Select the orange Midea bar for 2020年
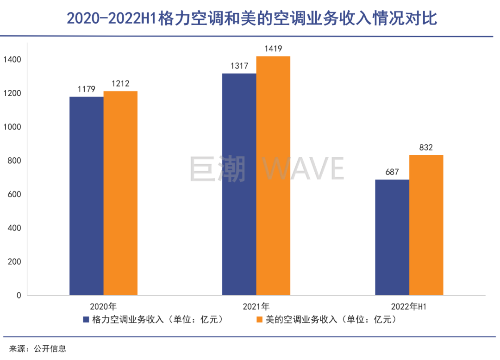click(120, 193)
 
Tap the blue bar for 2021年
click(239, 184)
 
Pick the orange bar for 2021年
click(273, 175)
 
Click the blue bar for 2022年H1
click(392, 237)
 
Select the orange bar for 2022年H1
click(426, 225)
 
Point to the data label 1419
click(273, 48)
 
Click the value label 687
click(392, 172)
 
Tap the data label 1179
click(87, 88)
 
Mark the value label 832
click(426, 148)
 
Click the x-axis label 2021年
click(256, 306)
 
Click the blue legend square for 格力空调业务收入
click(86, 319)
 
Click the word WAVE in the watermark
click(304, 168)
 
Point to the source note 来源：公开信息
click(38, 348)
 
